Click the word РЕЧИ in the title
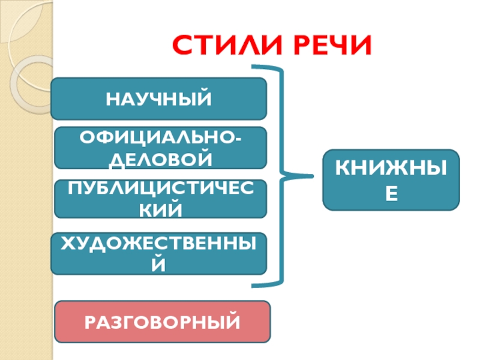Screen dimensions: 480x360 [x=326, y=46]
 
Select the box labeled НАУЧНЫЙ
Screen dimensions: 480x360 [x=158, y=98]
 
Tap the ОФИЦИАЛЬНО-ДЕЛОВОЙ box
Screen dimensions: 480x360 [x=160, y=148]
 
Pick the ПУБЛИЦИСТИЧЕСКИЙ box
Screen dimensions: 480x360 [x=160, y=199]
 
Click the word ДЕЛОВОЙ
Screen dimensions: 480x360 [x=160, y=159]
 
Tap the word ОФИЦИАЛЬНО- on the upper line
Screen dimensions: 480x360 [x=161, y=137]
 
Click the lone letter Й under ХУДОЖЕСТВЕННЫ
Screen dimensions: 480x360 [x=159, y=264]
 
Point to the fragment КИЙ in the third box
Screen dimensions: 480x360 [x=160, y=209]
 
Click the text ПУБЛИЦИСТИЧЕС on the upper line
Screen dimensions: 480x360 [x=160, y=188]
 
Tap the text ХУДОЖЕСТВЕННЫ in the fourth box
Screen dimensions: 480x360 [x=159, y=242]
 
